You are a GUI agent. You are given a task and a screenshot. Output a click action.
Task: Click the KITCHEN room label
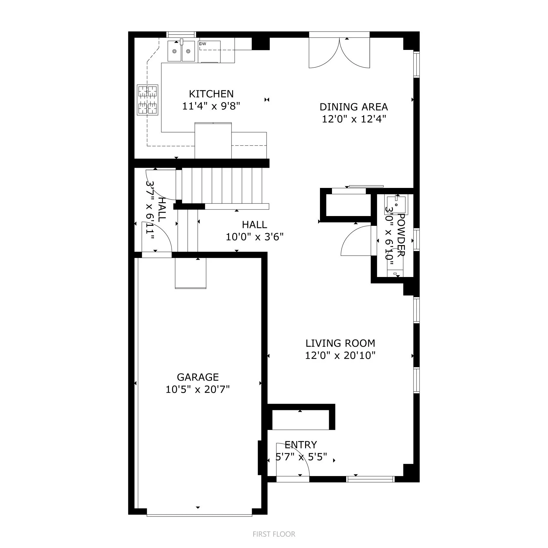pyautogui.click(x=211, y=94)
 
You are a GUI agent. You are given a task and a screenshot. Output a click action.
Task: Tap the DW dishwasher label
pyautogui.click(x=203, y=44)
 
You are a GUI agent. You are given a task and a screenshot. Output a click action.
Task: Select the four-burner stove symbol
pyautogui.click(x=148, y=100)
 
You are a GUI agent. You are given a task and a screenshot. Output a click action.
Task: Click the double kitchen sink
pyautogui.click(x=181, y=51)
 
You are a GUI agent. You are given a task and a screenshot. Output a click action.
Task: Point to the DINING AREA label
pyautogui.click(x=353, y=107)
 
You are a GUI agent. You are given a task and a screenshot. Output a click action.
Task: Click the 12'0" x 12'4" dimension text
pyautogui.click(x=354, y=119)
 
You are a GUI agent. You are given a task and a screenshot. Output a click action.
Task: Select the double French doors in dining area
pyautogui.click(x=339, y=52)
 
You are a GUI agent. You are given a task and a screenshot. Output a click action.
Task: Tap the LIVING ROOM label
pyautogui.click(x=340, y=343)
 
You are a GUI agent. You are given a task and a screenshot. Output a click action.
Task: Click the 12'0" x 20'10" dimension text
pyautogui.click(x=340, y=355)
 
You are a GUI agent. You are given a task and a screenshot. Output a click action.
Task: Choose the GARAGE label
pyautogui.click(x=198, y=377)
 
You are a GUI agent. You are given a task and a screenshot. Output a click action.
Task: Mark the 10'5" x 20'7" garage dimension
pyautogui.click(x=198, y=389)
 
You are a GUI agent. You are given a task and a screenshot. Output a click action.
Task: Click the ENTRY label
pyautogui.click(x=300, y=445)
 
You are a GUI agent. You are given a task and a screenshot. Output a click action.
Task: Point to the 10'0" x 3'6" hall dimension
pyautogui.click(x=255, y=237)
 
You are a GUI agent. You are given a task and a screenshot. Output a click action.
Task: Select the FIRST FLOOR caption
pyautogui.click(x=274, y=534)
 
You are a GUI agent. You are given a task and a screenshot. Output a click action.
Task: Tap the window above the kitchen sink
pyautogui.click(x=181, y=34)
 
